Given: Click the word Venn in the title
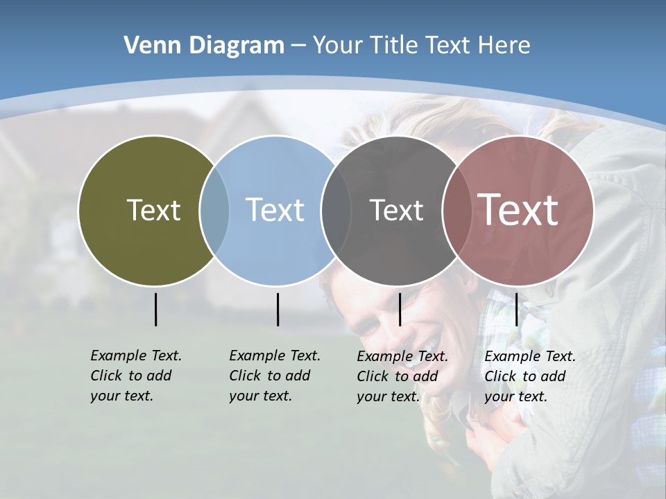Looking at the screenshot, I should point(148,46).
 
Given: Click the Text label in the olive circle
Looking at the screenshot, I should point(153,210).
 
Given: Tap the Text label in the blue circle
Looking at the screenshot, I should point(275,210).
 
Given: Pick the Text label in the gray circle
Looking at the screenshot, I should point(396,210).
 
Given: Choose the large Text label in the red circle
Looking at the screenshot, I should point(518,209).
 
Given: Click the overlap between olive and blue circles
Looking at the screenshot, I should point(214,211).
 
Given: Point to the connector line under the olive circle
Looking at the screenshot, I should point(155,309).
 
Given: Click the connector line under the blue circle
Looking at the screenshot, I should point(277,309).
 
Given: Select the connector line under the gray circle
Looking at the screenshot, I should point(400,309).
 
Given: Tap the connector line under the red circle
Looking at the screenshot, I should point(516,309).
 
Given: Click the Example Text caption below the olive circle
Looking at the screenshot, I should point(135,376).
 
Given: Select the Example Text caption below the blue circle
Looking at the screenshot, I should point(274,376).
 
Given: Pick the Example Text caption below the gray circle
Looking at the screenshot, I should point(402,376).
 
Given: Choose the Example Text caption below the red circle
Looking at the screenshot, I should point(529,376).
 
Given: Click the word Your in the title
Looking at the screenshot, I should point(337,46).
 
